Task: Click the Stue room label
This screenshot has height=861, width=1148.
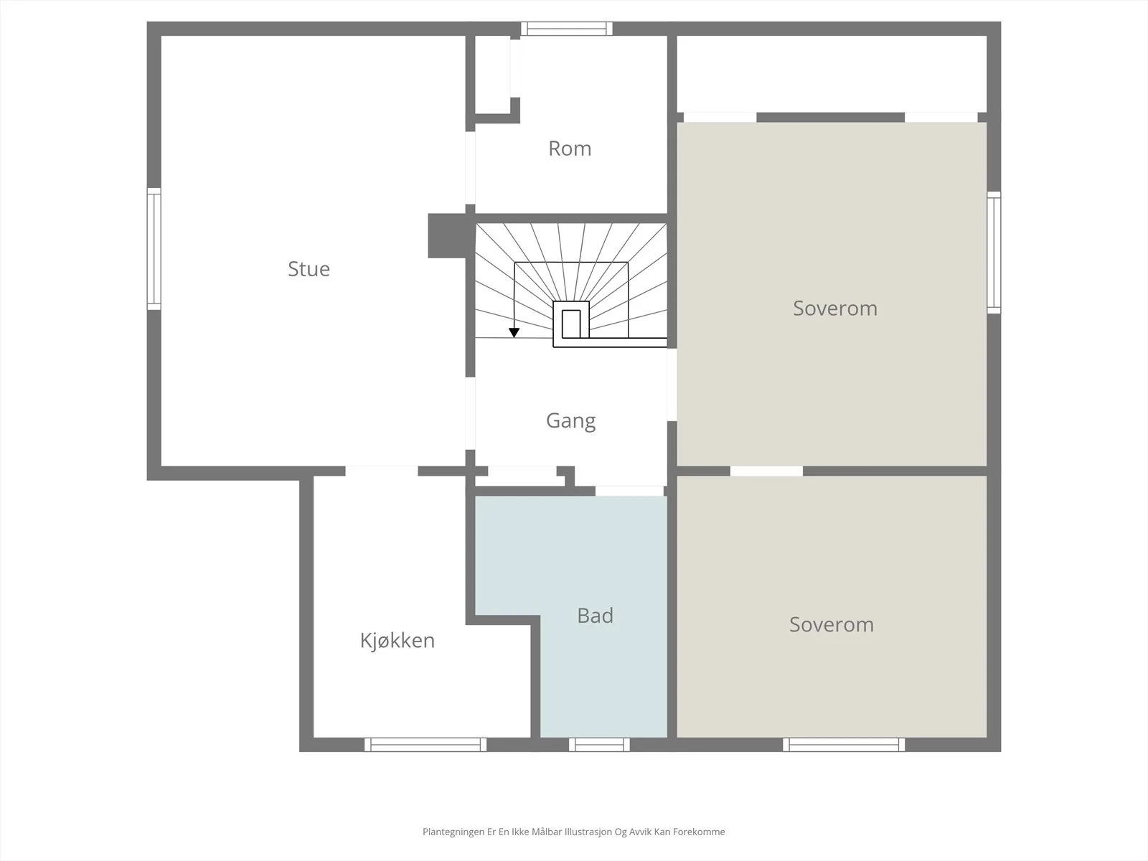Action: tap(309, 268)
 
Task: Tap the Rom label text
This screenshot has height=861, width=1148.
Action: tap(570, 149)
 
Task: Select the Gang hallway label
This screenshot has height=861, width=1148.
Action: tap(570, 421)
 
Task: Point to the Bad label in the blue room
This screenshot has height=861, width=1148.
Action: tap(596, 616)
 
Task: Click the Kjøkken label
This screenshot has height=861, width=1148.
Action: tap(397, 641)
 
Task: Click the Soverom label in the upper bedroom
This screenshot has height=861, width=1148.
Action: tap(834, 308)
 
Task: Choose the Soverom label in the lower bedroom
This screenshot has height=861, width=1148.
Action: tap(831, 624)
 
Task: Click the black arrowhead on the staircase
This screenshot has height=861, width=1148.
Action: tap(514, 332)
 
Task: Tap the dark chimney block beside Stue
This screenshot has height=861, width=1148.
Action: tap(447, 235)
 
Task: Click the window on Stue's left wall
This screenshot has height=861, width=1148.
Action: tap(154, 249)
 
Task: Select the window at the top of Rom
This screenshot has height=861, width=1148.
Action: tap(566, 29)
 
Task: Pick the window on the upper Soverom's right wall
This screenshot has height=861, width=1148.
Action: tap(994, 253)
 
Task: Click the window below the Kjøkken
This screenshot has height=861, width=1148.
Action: tap(425, 745)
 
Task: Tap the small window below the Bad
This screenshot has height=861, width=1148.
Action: tap(599, 745)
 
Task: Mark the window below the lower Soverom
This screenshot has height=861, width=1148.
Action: tap(844, 745)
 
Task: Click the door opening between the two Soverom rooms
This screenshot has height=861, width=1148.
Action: tap(766, 471)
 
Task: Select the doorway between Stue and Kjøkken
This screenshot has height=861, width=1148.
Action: tap(382, 471)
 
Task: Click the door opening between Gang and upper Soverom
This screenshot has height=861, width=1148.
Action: tap(672, 385)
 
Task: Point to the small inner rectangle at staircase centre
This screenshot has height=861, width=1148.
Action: tap(571, 324)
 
